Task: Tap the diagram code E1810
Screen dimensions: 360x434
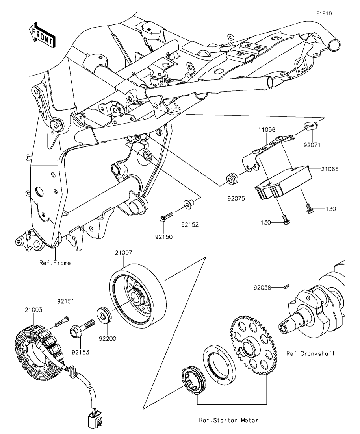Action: (324, 13)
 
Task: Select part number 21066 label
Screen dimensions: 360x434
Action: (330, 169)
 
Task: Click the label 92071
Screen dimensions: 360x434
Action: (312, 145)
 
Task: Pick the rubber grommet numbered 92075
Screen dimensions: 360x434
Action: (232, 179)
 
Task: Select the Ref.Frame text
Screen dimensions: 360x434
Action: (55, 263)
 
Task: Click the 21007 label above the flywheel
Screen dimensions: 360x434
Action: (124, 253)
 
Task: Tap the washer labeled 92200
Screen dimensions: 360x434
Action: (104, 315)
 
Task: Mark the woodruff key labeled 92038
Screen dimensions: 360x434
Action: (287, 287)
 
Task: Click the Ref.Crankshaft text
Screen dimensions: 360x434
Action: (310, 353)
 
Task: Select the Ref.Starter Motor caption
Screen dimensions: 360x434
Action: (228, 420)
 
